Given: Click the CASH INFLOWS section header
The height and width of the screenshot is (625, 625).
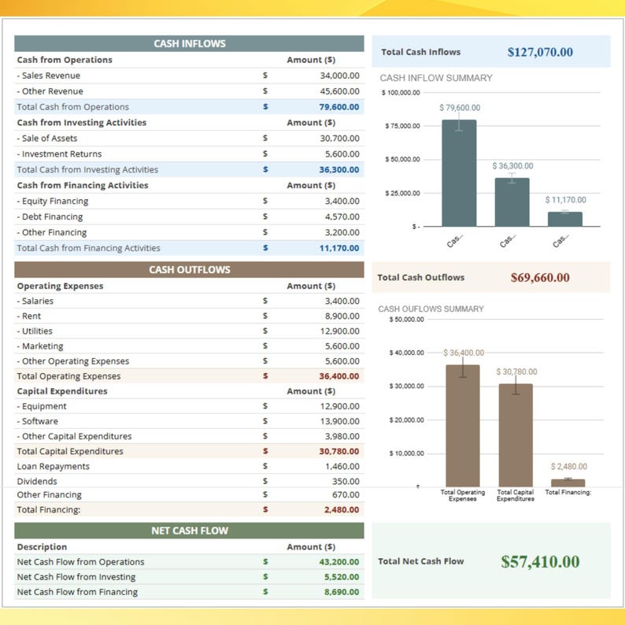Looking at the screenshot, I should pyautogui.click(x=189, y=44).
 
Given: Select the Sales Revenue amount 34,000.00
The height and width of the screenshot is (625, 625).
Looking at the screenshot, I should pyautogui.click(x=339, y=76).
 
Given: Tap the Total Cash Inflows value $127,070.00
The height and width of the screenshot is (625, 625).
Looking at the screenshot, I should pyautogui.click(x=540, y=53).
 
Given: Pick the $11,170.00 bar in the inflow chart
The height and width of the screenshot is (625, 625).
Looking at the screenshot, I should pyautogui.click(x=565, y=219).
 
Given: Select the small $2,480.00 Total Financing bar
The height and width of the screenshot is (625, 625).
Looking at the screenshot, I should pyautogui.click(x=568, y=483).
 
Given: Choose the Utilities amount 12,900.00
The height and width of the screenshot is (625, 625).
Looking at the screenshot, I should pyautogui.click(x=339, y=331).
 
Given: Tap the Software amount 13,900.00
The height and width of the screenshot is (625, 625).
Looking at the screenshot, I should pyautogui.click(x=339, y=422).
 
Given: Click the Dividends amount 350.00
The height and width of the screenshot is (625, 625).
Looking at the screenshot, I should pyautogui.click(x=346, y=482).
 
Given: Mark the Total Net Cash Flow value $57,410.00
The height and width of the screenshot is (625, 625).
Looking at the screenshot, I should pyautogui.click(x=540, y=562).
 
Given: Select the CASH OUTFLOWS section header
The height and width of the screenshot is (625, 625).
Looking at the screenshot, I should pyautogui.click(x=189, y=270).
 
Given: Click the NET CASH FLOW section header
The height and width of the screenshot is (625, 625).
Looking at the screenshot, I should pyautogui.click(x=189, y=531).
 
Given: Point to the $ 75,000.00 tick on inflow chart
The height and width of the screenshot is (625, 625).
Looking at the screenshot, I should pyautogui.click(x=402, y=126).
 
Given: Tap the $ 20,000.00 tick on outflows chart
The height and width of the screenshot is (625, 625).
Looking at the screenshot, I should pyautogui.click(x=407, y=420).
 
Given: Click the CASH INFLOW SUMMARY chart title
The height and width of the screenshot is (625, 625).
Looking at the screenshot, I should pyautogui.click(x=436, y=78).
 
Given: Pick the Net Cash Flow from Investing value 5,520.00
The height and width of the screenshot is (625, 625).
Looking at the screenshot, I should pyautogui.click(x=342, y=577).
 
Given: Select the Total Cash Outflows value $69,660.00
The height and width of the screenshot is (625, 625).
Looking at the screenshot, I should pyautogui.click(x=540, y=278).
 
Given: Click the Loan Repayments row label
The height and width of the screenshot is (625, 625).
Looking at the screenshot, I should pyautogui.click(x=54, y=467).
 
